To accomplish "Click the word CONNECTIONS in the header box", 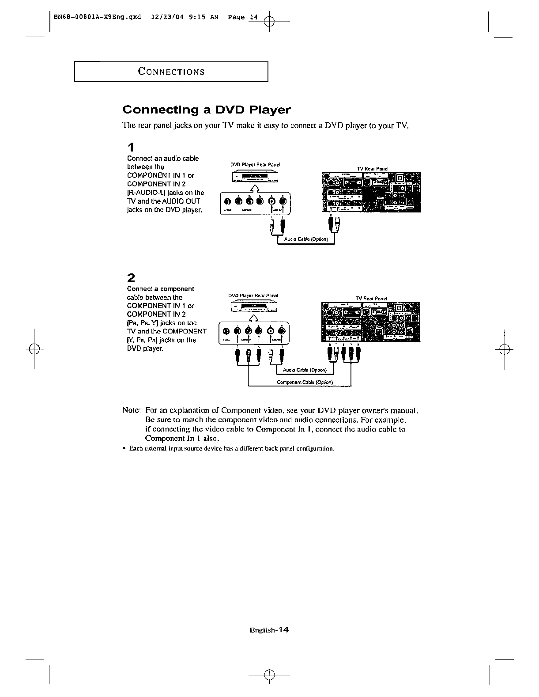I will click(x=171, y=72).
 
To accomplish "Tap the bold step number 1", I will click(x=131, y=147).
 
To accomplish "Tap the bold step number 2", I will click(x=131, y=278).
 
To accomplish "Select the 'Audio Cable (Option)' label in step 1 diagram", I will click(x=305, y=239).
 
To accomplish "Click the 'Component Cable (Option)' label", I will click(x=305, y=382).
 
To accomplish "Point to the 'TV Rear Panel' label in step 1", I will click(x=372, y=169).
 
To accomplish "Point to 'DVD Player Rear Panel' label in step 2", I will click(x=253, y=295).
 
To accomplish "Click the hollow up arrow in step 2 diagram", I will click(x=253, y=319).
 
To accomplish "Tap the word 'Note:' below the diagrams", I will click(x=131, y=410).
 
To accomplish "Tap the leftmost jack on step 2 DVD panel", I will click(x=226, y=331).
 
